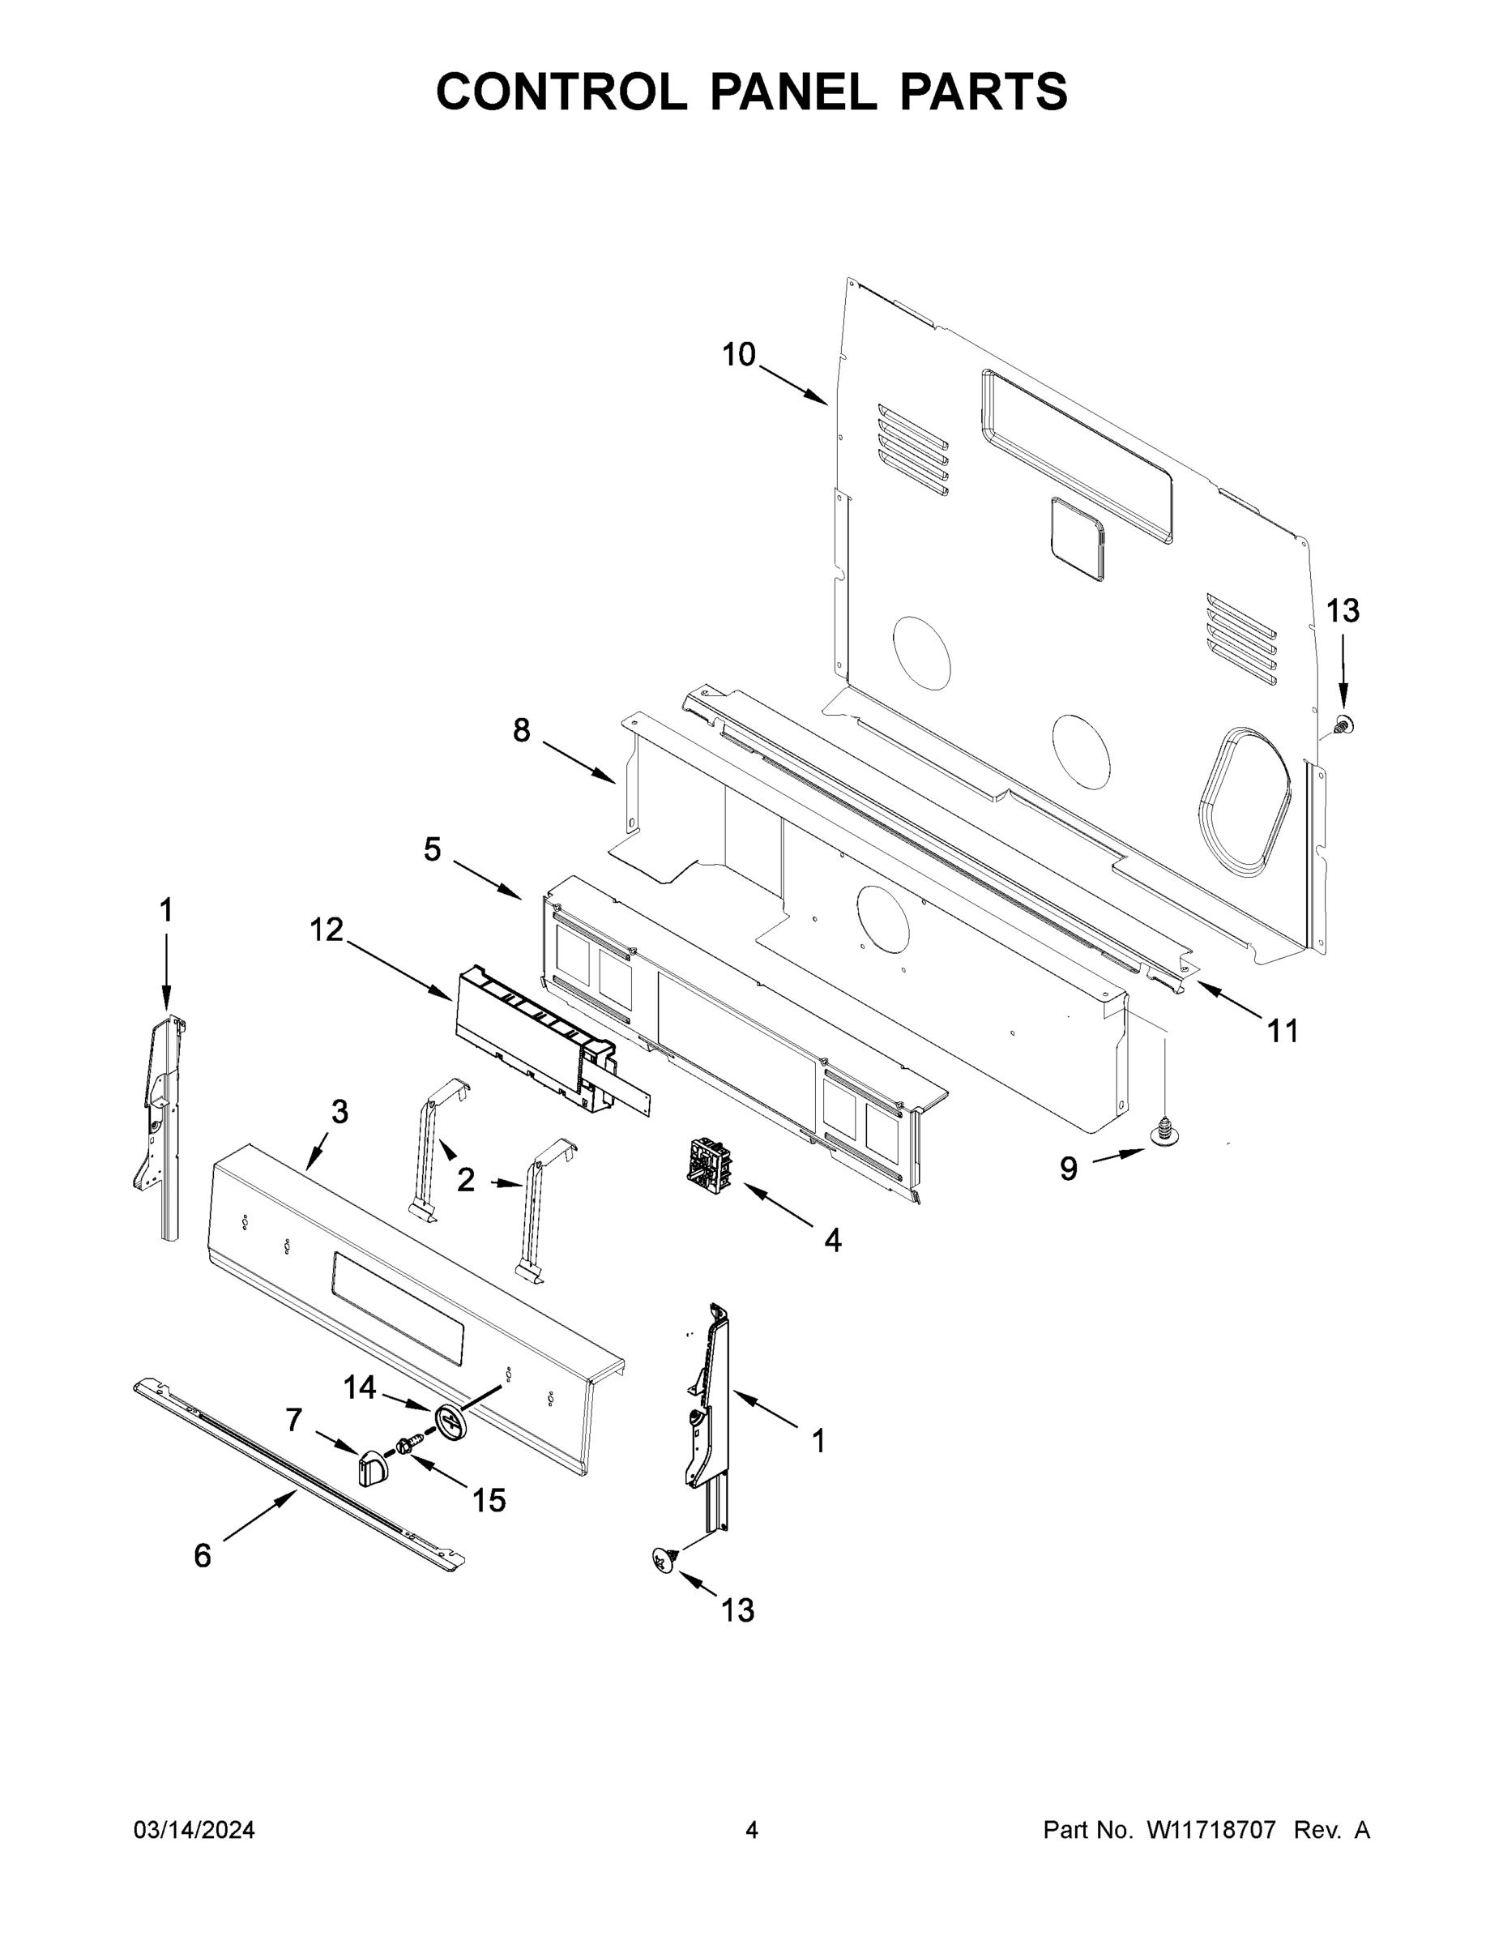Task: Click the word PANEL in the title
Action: (792, 92)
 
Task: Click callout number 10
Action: (738, 354)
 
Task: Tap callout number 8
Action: (521, 730)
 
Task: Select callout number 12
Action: (326, 930)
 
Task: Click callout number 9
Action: (1069, 1169)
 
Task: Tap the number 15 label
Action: (489, 1501)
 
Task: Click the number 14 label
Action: (360, 1387)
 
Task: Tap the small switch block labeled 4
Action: (708, 1164)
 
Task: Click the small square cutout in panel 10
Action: (1078, 539)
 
